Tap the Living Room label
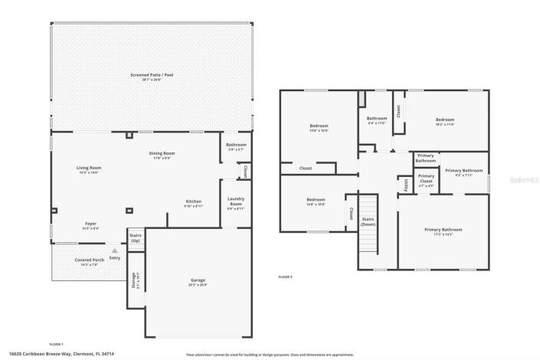pyautogui.click(x=89, y=169)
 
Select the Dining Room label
pyautogui.click(x=162, y=154)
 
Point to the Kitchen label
pyautogui.click(x=193, y=203)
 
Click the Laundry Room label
pyautogui.click(x=235, y=202)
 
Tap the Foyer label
pyautogui.click(x=90, y=225)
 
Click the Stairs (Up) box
pyautogui.click(x=136, y=238)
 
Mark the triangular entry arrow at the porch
pyautogui.click(x=115, y=250)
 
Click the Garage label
pyautogui.click(x=198, y=281)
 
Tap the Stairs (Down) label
pyautogui.click(x=368, y=221)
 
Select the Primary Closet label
pyautogui.click(x=425, y=182)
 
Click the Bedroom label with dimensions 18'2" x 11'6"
pyautogui.click(x=445, y=121)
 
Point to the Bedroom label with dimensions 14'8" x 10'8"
pyautogui.click(x=316, y=202)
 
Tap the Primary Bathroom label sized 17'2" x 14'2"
pyautogui.click(x=443, y=231)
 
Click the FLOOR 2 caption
pyautogui.click(x=285, y=277)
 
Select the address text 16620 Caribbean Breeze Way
pyautogui.click(x=61, y=354)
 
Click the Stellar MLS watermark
pyautogui.click(x=523, y=180)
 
